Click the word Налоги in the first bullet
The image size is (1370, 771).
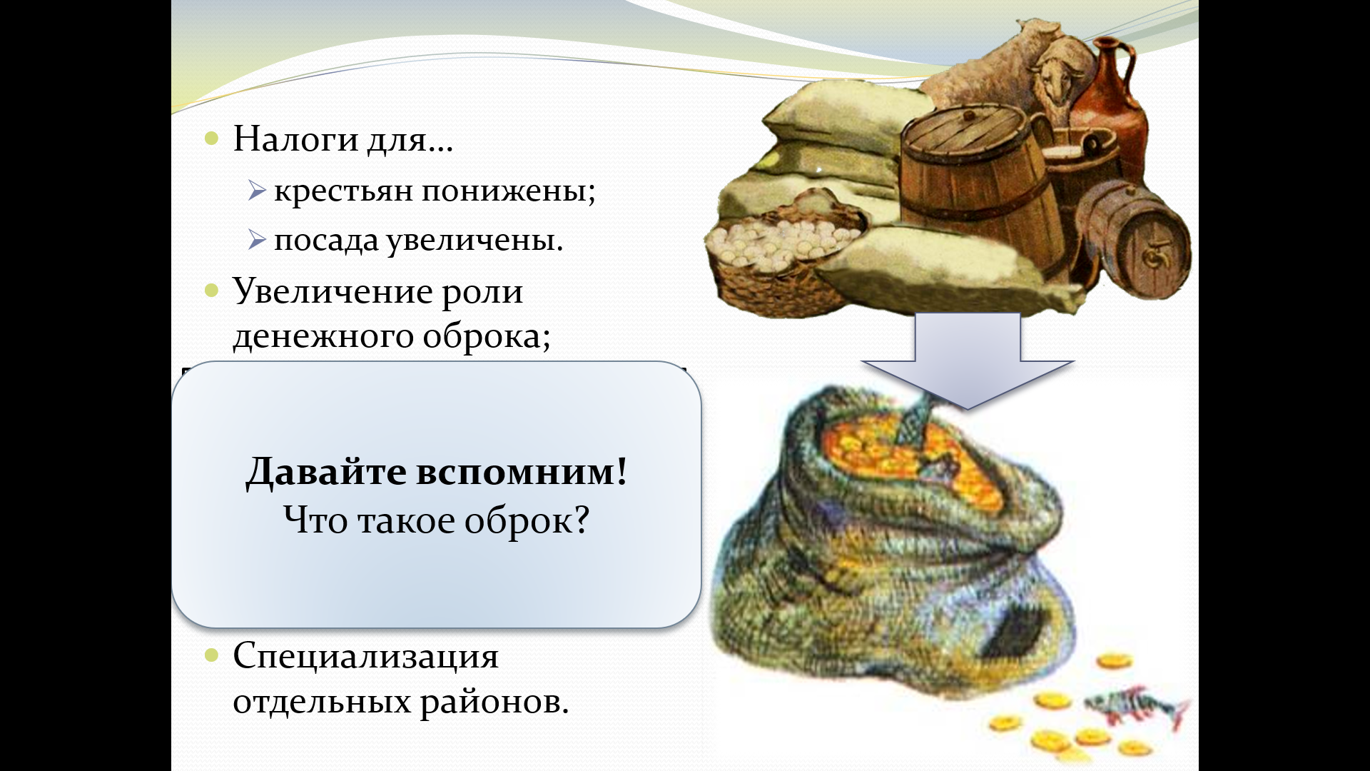pyautogui.click(x=295, y=139)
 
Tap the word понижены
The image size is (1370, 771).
pyautogui.click(x=508, y=191)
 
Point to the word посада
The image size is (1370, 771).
pyautogui.click(x=325, y=241)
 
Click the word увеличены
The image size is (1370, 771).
pyautogui.click(x=475, y=241)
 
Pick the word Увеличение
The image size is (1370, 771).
pyautogui.click(x=332, y=291)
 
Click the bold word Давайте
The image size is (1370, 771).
pyautogui.click(x=326, y=473)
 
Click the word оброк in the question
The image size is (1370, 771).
pyautogui.click(x=527, y=520)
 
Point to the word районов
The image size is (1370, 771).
pyautogui.click(x=494, y=702)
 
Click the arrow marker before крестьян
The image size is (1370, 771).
pyautogui.click(x=257, y=191)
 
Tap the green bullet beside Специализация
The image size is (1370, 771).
pyautogui.click(x=211, y=655)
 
